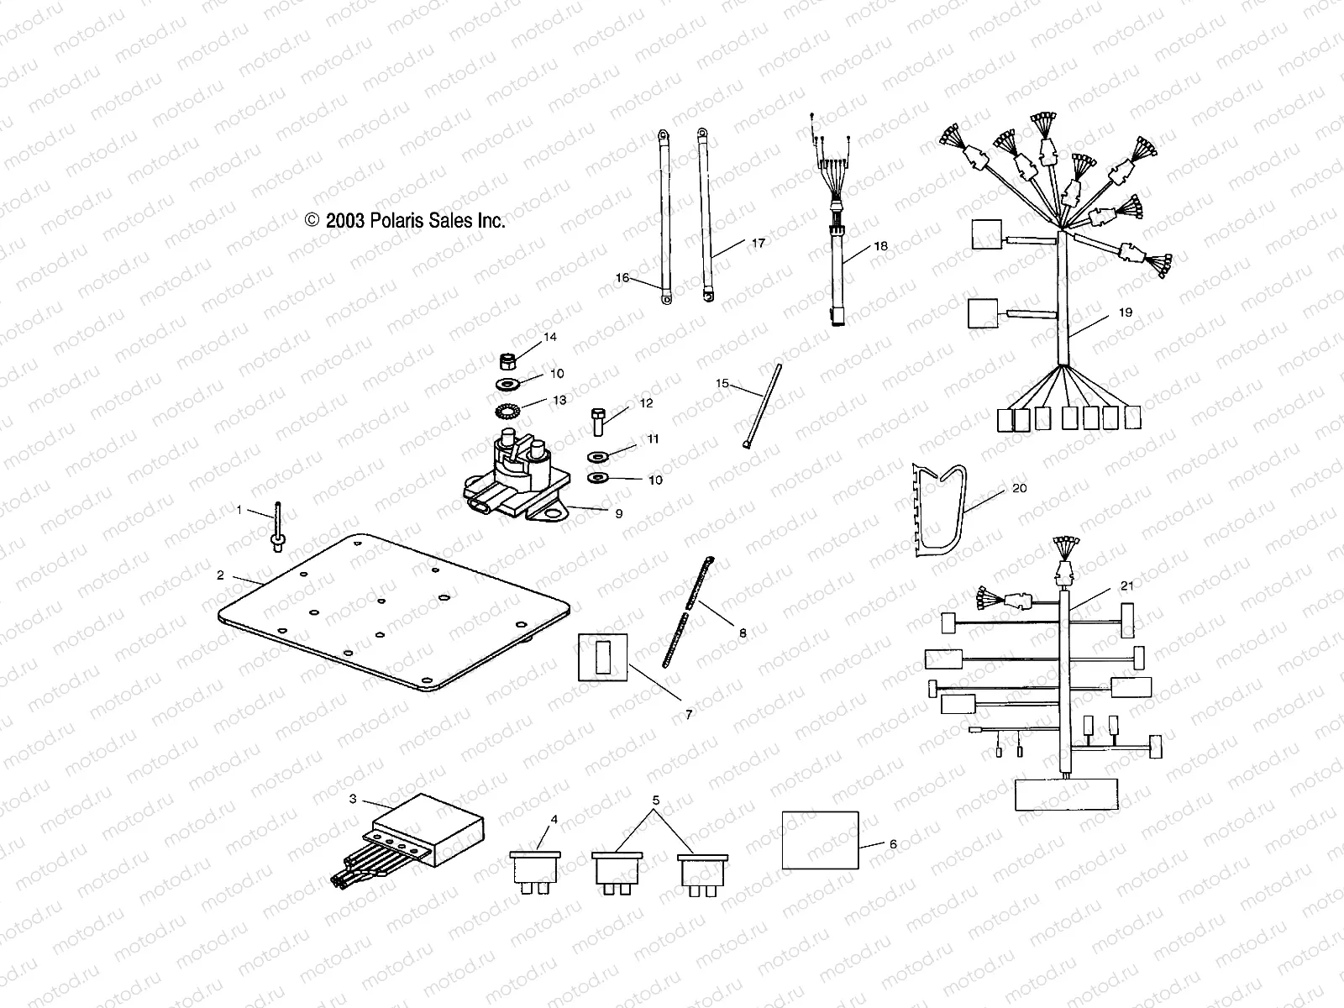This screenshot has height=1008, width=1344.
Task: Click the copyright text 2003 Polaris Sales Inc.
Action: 405,221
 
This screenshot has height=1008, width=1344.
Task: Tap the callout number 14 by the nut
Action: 550,338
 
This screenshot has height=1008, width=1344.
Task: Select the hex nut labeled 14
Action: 507,362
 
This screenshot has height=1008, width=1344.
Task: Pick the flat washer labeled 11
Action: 597,458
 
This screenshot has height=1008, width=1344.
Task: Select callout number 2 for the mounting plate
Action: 220,575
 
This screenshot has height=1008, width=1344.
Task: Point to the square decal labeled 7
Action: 603,658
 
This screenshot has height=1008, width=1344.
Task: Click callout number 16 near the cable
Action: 622,278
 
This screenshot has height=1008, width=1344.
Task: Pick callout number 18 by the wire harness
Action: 880,246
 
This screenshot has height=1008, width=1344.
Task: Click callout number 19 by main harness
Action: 1126,312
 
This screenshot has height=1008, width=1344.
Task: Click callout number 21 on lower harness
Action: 1127,585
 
